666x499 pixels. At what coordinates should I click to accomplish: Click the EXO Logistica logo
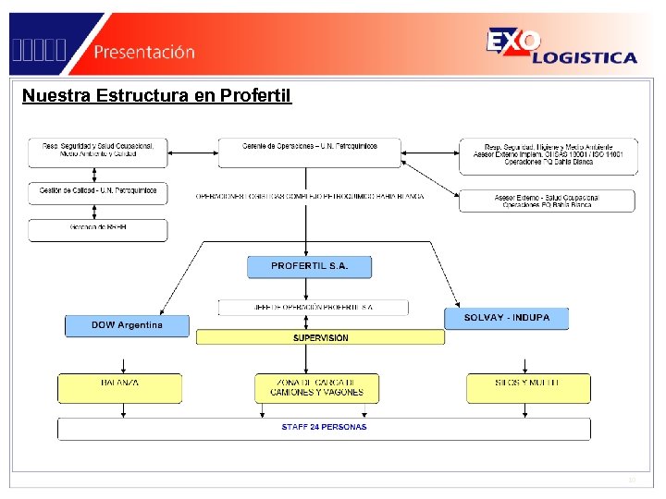[x=561, y=46]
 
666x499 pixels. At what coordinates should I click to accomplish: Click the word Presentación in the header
[x=143, y=52]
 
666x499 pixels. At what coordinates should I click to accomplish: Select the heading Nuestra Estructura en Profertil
[x=156, y=95]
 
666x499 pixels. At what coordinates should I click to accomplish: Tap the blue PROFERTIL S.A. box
[x=310, y=266]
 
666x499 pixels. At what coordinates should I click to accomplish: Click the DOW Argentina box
[x=127, y=325]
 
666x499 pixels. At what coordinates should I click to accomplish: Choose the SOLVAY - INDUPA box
[x=506, y=318]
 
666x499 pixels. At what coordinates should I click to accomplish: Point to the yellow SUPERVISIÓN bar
[x=320, y=338]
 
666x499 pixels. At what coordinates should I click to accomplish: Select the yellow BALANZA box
[x=120, y=388]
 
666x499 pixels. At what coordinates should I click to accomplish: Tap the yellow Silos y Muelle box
[x=527, y=388]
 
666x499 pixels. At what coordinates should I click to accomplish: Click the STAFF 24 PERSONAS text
[x=324, y=428]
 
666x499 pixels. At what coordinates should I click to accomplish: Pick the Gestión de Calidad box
[x=98, y=192]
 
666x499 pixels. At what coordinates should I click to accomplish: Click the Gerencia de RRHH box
[x=98, y=229]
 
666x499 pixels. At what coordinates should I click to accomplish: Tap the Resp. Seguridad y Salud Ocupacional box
[x=98, y=152]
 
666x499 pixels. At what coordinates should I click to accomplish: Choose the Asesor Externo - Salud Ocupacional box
[x=545, y=201]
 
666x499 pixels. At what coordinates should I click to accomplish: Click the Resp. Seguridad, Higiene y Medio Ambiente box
[x=548, y=155]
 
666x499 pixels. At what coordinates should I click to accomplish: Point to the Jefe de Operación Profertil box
[x=314, y=307]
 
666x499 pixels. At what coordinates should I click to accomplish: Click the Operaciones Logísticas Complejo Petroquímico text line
[x=310, y=197]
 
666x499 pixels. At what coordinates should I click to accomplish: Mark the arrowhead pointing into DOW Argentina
[x=161, y=311]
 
